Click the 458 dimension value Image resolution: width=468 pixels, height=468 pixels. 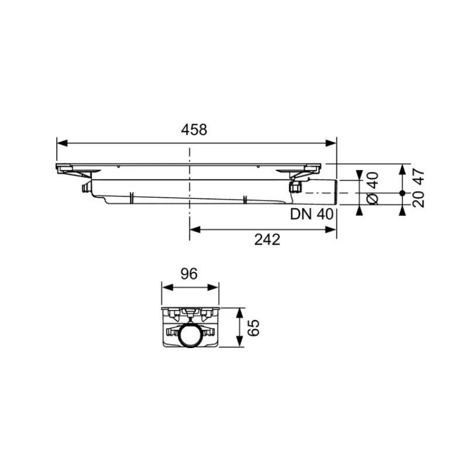point(194,130)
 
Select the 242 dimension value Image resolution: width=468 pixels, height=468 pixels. point(267,240)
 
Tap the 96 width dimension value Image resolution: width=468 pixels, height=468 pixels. point(189,274)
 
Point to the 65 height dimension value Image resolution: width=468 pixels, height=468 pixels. point(253,328)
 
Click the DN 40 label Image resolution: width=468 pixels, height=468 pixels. point(312,214)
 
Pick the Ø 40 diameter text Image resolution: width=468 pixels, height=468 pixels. point(373,188)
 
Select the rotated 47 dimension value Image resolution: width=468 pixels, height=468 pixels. point(418,177)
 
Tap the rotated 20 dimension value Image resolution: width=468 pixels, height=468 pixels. point(418,199)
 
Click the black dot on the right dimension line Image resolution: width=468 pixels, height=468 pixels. point(402,193)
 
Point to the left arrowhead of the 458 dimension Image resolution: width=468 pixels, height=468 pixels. point(62,143)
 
